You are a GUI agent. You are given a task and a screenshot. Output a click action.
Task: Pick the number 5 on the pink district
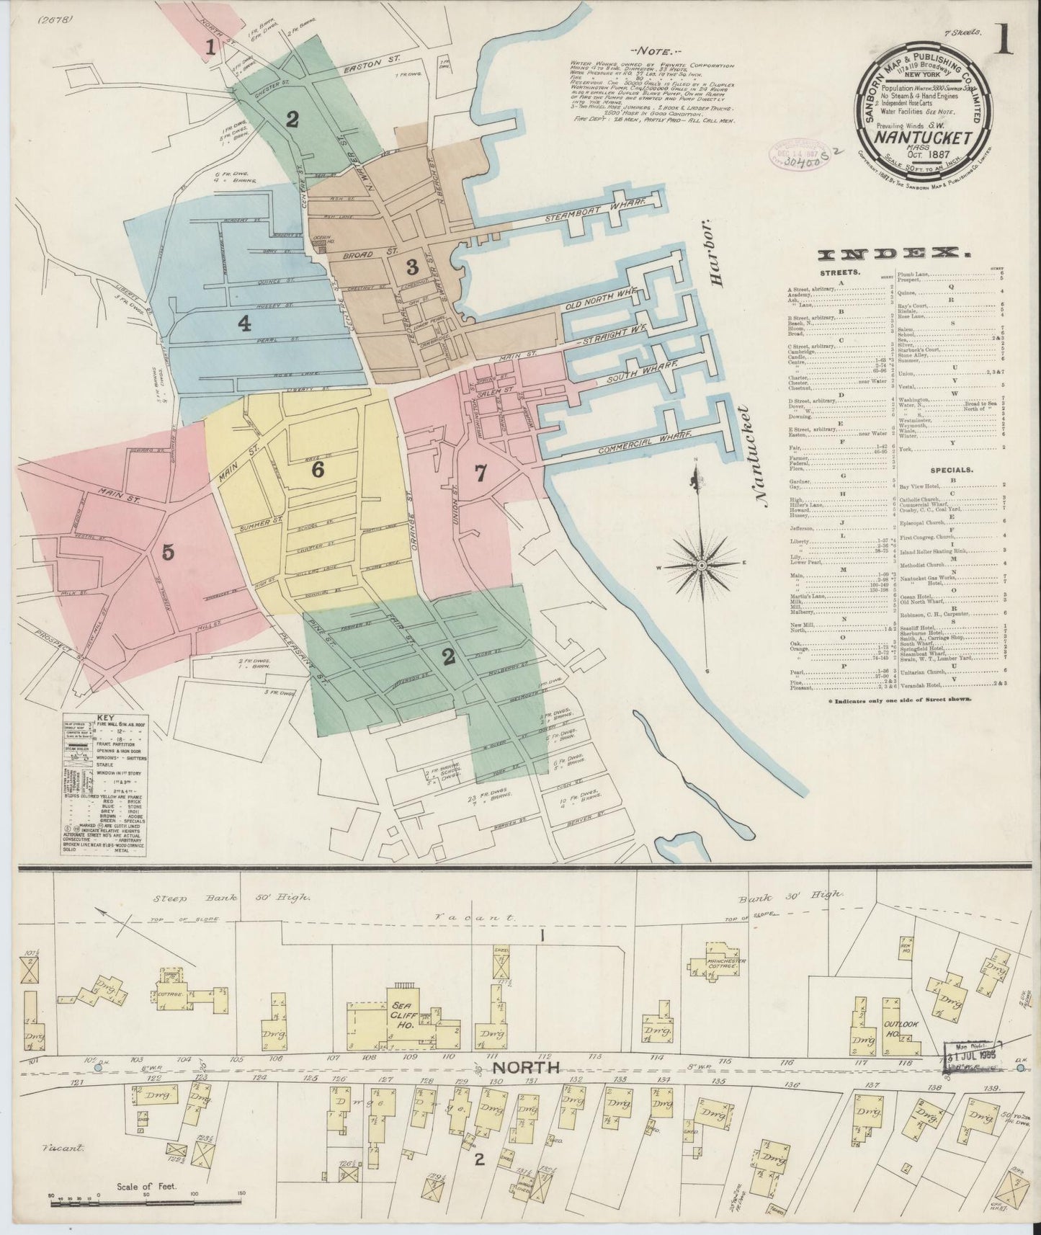coord(168,553)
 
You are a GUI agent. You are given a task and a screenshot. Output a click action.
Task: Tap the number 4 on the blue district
coord(245,324)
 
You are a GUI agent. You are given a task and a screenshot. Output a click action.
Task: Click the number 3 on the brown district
coord(411,267)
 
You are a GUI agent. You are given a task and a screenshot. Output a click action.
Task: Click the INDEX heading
coord(893,254)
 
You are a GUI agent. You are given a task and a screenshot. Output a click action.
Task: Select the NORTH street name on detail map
coord(517,1067)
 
